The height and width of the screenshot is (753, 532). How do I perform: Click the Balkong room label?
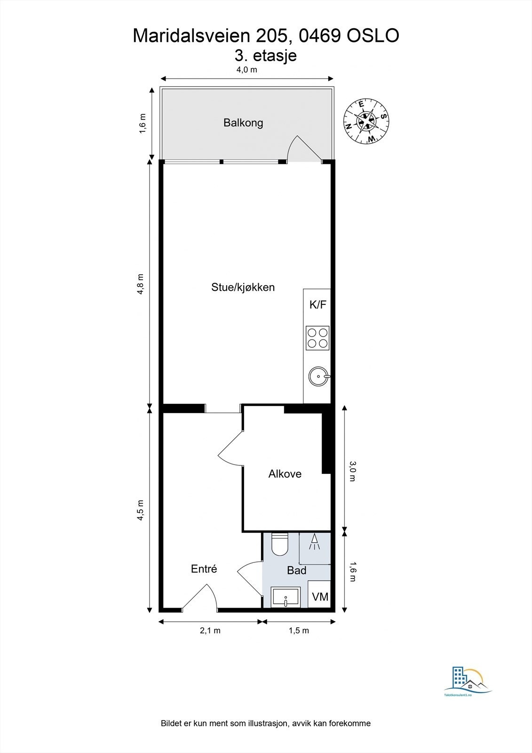pos(243,123)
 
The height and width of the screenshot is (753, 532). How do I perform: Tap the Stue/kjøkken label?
pos(243,287)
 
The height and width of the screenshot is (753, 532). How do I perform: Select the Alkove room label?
pos(285,474)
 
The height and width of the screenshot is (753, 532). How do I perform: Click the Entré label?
pos(204,569)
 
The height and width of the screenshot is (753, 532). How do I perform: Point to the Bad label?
pos(296,570)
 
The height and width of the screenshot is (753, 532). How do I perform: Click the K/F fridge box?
pos(318,304)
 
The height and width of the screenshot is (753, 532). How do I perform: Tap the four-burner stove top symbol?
pos(318,338)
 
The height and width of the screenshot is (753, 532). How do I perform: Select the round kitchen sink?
pos(318,376)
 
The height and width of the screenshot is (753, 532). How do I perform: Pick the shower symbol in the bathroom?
pos(314,543)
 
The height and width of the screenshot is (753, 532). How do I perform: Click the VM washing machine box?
pos(320,597)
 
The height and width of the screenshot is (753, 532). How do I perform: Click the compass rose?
pos(366,121)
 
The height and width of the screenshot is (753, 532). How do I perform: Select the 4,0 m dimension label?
pos(246,70)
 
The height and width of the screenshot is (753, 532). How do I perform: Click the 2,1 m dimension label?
pos(210,631)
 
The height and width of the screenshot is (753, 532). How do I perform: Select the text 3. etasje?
pos(266,56)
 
